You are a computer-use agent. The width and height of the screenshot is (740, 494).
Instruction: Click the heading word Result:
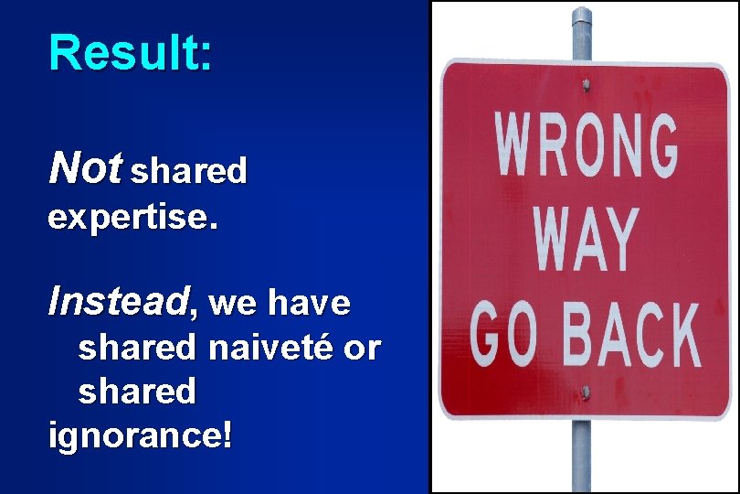coord(131,53)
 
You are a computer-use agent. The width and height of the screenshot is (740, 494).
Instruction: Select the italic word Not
coord(85,167)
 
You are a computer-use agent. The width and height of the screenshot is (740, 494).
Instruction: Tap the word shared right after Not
coord(189,171)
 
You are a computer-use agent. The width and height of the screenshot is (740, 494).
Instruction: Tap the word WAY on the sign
coord(585,240)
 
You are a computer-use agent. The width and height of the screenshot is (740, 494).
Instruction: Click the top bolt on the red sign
coord(584,86)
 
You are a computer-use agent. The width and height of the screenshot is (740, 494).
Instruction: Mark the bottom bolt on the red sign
coord(584,393)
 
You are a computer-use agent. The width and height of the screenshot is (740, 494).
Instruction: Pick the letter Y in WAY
coord(618,240)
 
